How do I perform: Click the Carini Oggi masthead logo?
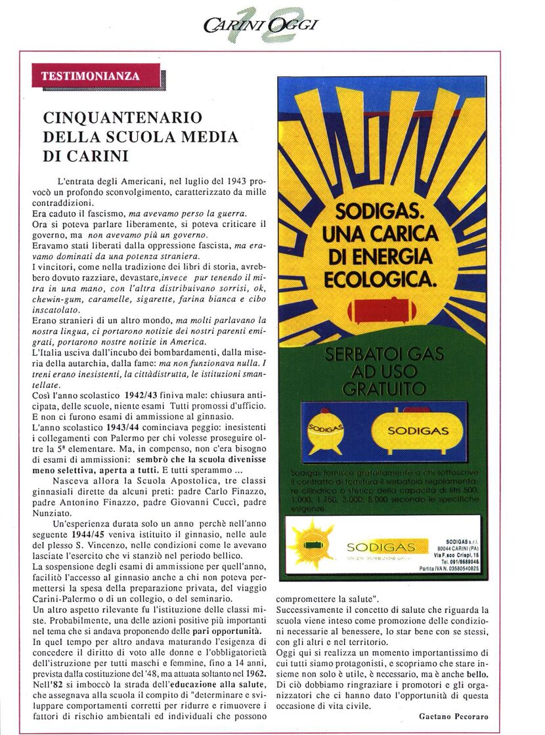261,25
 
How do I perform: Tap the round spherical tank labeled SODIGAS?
326,433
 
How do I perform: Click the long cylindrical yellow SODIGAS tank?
417,431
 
